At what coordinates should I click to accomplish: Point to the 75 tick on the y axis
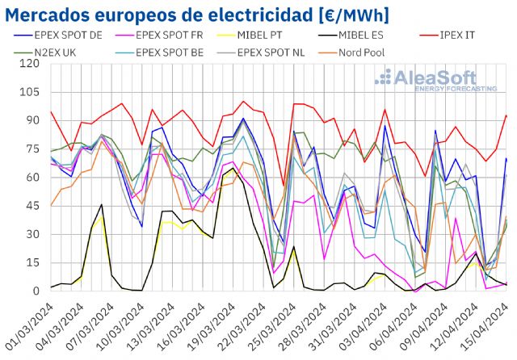coord(32,149)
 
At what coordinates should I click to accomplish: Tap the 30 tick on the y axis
coord(32,234)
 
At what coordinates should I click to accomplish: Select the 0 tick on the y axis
coord(36,291)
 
